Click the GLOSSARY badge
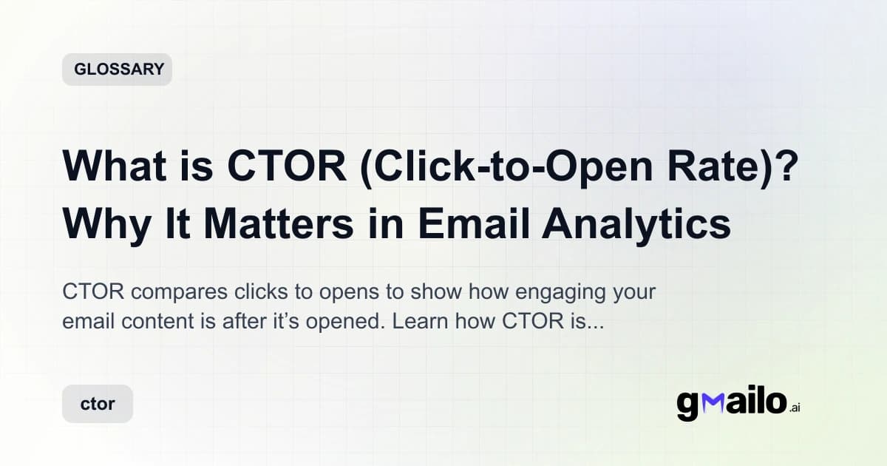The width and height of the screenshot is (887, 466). click(117, 70)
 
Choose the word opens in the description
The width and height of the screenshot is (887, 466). click(348, 291)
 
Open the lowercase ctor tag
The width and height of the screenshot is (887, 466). click(98, 405)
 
